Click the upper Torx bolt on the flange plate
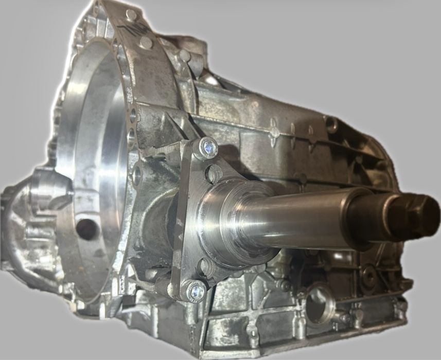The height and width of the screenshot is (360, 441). (x=208, y=148)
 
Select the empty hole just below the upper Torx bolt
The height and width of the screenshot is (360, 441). (x=214, y=173)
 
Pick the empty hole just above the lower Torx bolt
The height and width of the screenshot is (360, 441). (x=206, y=266)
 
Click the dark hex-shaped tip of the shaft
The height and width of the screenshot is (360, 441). (x=419, y=214)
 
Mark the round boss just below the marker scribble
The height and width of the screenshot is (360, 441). (x=146, y=43)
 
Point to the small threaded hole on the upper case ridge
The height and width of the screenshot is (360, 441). (x=329, y=123)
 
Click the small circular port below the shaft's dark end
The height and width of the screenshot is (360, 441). (x=368, y=276)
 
